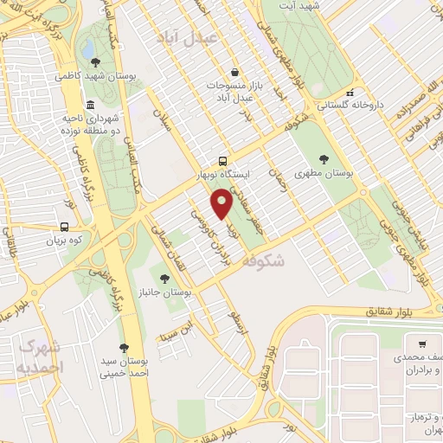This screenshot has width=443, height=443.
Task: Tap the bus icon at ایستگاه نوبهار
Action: coord(224,161)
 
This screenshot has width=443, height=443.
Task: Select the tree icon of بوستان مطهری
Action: coord(324,159)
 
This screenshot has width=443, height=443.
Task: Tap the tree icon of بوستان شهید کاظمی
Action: coord(94,61)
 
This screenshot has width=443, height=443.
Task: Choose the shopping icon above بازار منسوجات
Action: coord(234,73)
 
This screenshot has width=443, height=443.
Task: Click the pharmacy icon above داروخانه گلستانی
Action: coord(350,93)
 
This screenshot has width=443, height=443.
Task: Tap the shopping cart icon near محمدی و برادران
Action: coord(421,343)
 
